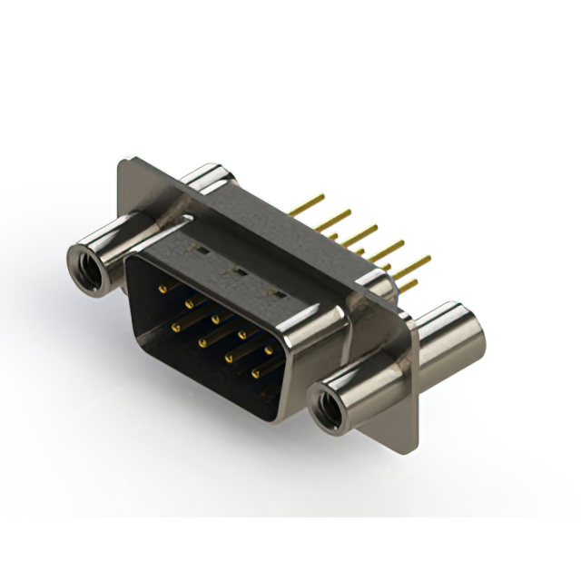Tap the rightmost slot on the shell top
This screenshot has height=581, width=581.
point(270,292)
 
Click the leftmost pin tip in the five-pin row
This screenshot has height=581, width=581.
point(162,290)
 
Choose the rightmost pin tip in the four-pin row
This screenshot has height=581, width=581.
point(255,373)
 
